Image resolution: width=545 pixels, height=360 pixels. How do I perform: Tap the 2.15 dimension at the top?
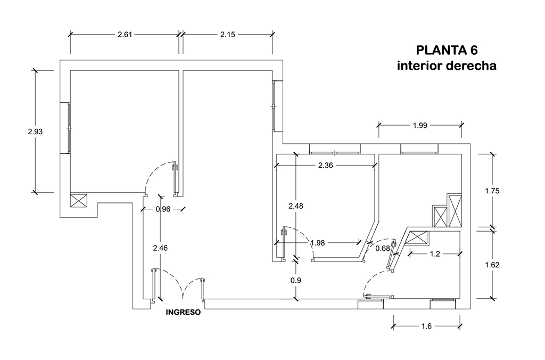[228, 35]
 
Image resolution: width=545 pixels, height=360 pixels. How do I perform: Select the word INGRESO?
[183, 313]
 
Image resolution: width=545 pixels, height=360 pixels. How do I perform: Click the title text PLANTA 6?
[447, 51]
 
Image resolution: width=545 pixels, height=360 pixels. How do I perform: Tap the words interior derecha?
[447, 67]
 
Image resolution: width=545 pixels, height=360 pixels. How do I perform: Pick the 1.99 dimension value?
[420, 126]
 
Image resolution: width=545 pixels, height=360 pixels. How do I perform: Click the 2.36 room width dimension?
[325, 166]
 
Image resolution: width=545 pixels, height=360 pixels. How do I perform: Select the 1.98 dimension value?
[318, 243]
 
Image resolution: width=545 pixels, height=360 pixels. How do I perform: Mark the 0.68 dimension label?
[382, 248]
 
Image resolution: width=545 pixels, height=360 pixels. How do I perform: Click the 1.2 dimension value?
[434, 254]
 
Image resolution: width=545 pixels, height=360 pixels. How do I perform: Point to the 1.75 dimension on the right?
[492, 190]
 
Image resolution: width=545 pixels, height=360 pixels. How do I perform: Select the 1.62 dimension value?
[492, 264]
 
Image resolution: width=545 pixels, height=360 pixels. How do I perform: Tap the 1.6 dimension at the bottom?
[427, 326]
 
